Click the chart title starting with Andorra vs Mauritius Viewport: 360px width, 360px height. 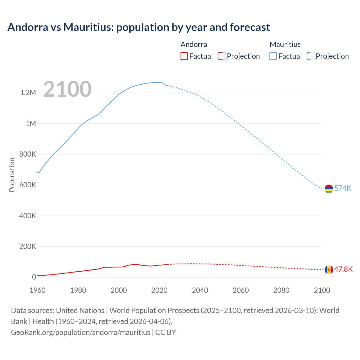[x=139, y=27]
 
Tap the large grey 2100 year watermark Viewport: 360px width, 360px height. [x=67, y=89]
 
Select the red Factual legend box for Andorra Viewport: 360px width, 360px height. [x=184, y=56]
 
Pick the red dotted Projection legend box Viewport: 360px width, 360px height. [x=222, y=56]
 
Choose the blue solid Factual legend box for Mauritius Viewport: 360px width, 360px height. [x=273, y=56]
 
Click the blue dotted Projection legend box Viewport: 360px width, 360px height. [x=311, y=56]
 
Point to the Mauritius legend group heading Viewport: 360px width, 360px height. [x=285, y=44]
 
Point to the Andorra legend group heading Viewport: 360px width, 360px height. [x=194, y=44]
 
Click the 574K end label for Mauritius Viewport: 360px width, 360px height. [x=343, y=188]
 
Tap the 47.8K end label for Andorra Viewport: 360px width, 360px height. [x=343, y=269]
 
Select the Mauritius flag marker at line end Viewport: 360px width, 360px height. [x=329, y=189]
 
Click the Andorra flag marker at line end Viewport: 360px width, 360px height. [x=329, y=270]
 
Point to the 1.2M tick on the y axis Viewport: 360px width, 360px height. [x=28, y=93]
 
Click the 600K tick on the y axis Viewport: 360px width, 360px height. [x=28, y=185]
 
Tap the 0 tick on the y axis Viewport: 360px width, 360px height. [x=34, y=277]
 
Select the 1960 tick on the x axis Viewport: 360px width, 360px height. [x=37, y=290]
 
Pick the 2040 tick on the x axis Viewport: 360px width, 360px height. [x=200, y=290]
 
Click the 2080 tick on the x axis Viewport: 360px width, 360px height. [x=281, y=290]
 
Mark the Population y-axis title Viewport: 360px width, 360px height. [x=12, y=175]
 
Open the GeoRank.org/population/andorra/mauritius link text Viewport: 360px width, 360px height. [x=80, y=332]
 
